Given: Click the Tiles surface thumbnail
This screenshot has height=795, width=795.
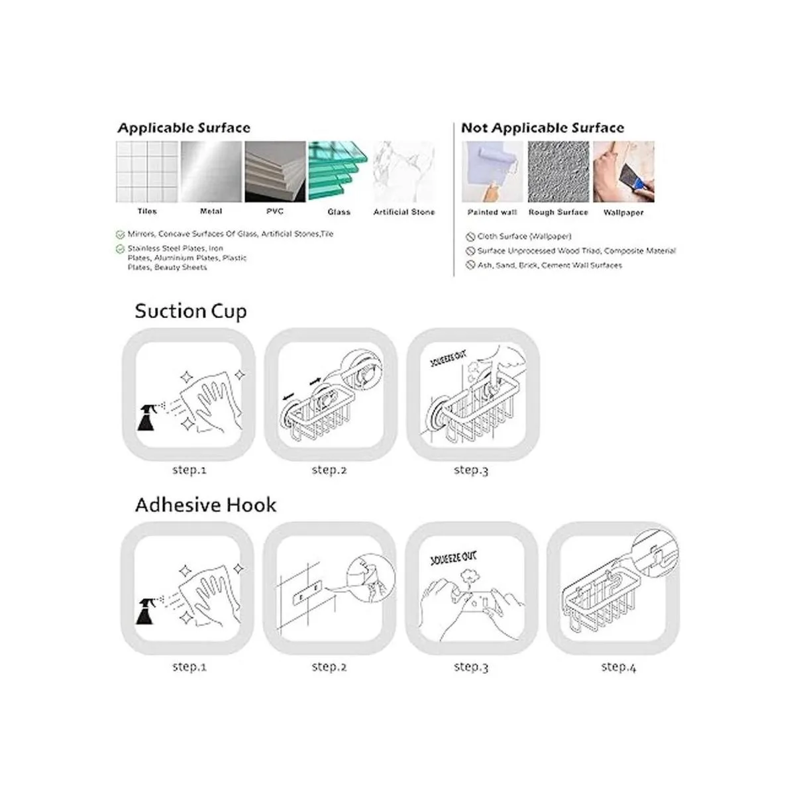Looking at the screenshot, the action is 147,172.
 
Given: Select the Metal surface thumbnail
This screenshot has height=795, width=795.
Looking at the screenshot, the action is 211,172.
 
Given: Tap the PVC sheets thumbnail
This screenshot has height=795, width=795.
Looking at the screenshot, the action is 275,172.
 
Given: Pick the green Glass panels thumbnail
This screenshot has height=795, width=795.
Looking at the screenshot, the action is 339,172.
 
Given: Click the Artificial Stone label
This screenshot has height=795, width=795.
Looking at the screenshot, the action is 404,212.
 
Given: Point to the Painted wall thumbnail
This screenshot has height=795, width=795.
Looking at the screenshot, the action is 492,172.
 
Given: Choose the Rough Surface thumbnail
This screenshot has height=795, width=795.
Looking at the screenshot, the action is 558,172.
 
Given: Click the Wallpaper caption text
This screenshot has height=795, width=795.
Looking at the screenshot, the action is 623,213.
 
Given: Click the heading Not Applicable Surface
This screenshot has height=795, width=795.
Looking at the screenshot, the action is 543,128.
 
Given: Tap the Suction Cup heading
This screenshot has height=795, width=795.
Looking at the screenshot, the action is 191,311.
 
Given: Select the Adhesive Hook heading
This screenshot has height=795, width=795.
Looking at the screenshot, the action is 205,505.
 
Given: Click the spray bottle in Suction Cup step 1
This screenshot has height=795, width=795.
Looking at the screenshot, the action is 148,417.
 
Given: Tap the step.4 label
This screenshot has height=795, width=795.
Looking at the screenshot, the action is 618,666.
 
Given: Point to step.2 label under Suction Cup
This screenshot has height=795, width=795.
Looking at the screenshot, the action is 329,470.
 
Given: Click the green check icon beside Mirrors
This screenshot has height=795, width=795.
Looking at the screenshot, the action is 120,235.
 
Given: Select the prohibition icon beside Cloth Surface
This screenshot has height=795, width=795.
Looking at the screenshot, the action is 470,237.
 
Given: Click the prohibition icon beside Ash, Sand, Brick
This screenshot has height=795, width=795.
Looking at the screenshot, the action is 470,265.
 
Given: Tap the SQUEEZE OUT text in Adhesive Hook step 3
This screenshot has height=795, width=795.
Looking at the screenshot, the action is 453,558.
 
